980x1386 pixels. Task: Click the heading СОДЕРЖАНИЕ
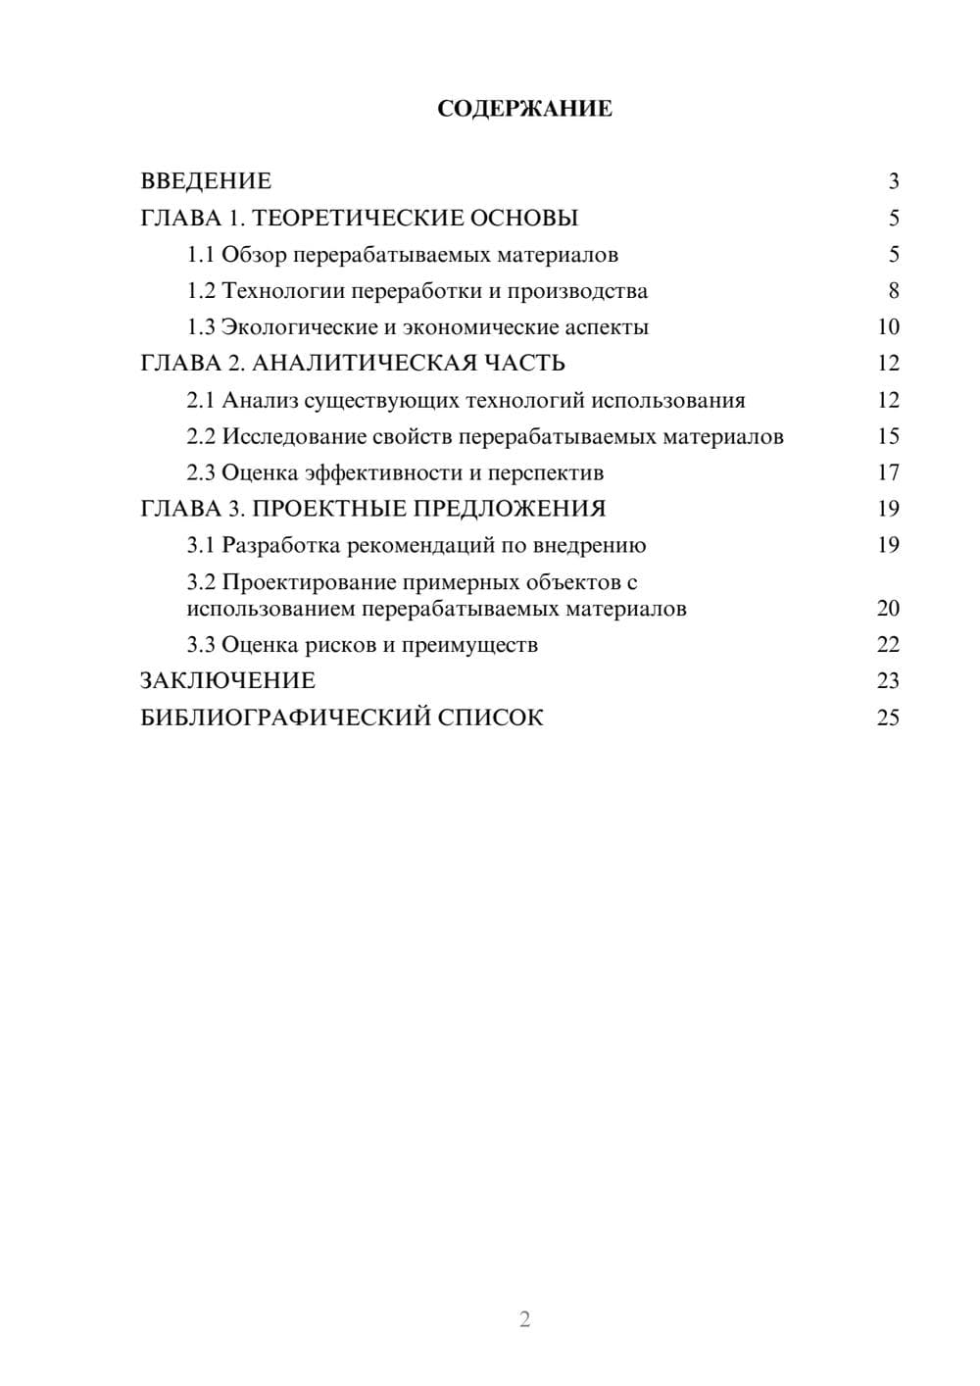(524, 109)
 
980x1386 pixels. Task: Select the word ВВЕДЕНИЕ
(206, 181)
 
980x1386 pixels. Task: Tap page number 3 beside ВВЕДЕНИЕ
(893, 181)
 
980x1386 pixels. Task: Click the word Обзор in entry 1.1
(254, 255)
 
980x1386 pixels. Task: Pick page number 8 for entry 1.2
(893, 291)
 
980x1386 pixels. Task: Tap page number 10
(888, 327)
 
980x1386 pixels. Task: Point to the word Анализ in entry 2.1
(259, 401)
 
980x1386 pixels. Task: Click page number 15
(888, 437)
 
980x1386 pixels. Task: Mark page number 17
(888, 473)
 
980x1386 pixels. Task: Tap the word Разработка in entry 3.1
(281, 546)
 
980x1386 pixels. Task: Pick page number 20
(888, 609)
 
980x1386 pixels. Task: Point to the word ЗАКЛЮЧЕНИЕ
(227, 681)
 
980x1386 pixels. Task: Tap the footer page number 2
(524, 1319)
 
